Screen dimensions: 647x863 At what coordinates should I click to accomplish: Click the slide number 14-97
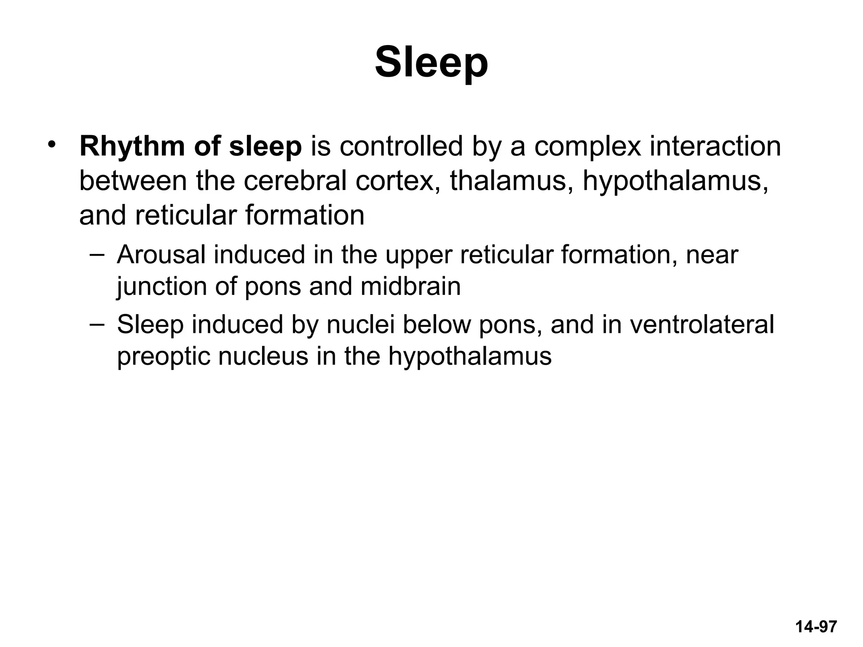pos(816,627)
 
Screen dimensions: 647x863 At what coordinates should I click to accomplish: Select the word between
pos(133,181)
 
